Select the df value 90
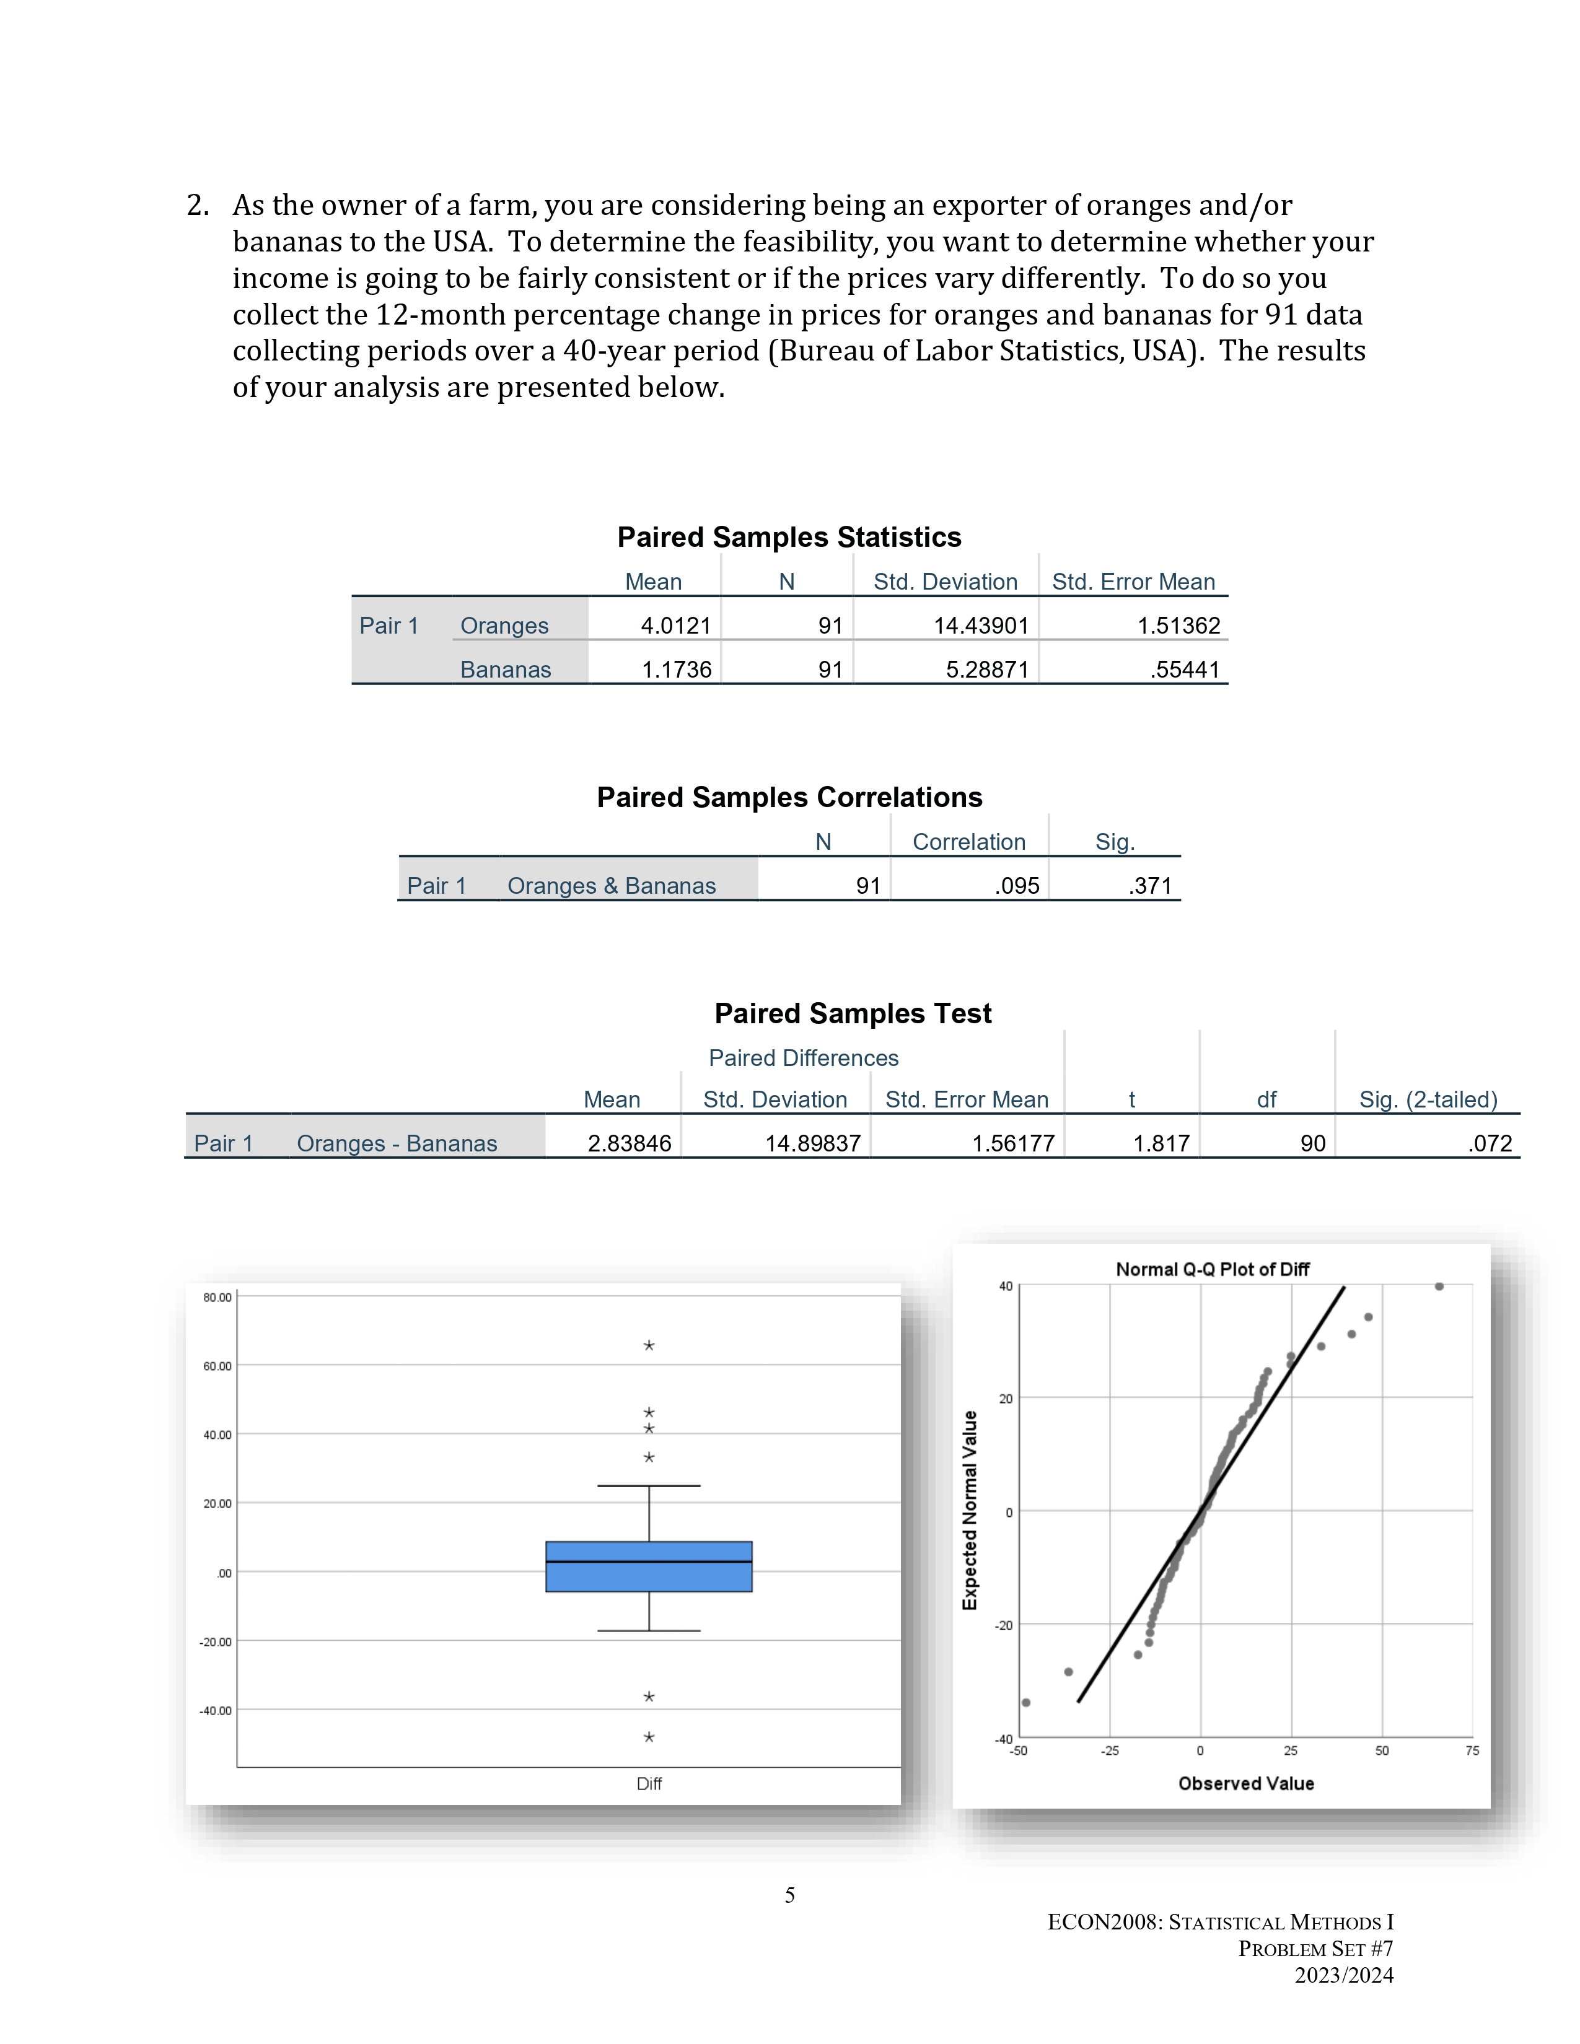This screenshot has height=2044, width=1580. pyautogui.click(x=1312, y=1143)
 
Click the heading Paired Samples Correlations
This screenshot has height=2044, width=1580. pyautogui.click(x=789, y=797)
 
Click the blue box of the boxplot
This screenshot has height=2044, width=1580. pyautogui.click(x=649, y=1566)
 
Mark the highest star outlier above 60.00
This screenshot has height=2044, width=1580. pyautogui.click(x=649, y=1346)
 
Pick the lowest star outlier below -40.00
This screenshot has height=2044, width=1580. pyautogui.click(x=649, y=1737)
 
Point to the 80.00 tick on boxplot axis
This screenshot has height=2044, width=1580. pyautogui.click(x=217, y=1297)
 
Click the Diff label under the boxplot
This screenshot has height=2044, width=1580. pyautogui.click(x=649, y=1784)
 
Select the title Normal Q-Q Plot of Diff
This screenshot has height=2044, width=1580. pyautogui.click(x=1211, y=1269)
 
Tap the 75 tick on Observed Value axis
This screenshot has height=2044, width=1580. pyautogui.click(x=1472, y=1750)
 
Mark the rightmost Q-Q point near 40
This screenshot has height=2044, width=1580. pyautogui.click(x=1439, y=1287)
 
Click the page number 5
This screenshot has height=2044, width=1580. pyautogui.click(x=789, y=1895)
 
